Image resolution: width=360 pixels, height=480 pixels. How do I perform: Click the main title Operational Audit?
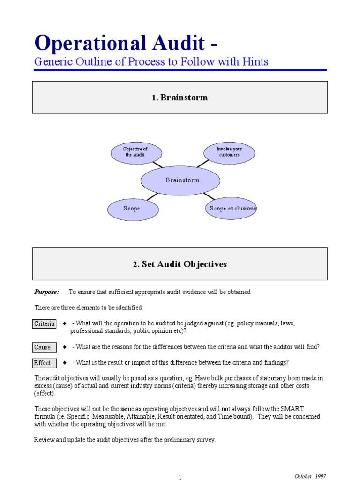(120, 44)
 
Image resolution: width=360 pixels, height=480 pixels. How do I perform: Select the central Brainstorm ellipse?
(180, 180)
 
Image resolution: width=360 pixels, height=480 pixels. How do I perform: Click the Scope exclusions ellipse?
(231, 209)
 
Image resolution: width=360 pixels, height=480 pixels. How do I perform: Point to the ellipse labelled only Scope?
(132, 209)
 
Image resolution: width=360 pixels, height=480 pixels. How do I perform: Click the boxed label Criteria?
(44, 324)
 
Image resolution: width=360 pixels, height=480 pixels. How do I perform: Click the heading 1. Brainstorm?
(180, 97)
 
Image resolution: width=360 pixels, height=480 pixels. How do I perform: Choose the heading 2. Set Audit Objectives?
(180, 264)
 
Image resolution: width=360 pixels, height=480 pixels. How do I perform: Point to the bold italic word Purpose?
(46, 292)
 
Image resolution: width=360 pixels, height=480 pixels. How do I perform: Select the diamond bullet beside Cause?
(64, 347)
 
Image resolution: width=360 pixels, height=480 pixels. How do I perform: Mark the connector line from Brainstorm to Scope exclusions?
(209, 195)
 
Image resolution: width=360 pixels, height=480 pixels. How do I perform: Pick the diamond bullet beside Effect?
(64, 363)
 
